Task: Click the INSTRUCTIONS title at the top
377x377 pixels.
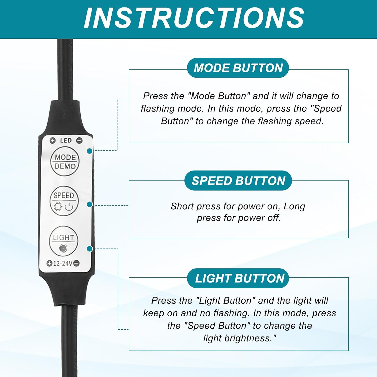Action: pyautogui.click(x=194, y=18)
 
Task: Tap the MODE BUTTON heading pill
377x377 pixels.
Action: pyautogui.click(x=238, y=68)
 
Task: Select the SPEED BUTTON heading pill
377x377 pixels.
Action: pyautogui.click(x=238, y=180)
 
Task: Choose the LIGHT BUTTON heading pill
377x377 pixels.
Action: pyautogui.click(x=238, y=278)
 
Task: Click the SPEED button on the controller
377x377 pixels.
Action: pyautogui.click(x=64, y=201)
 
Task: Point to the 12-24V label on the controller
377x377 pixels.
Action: pyautogui.click(x=63, y=263)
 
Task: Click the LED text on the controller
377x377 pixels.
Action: pyautogui.click(x=66, y=140)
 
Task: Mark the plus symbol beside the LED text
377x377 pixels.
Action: pyautogui.click(x=52, y=140)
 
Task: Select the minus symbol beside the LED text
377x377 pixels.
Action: pyautogui.click(x=79, y=140)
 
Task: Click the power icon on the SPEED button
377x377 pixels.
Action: pyautogui.click(x=69, y=207)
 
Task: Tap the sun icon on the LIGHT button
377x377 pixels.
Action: pyautogui.click(x=63, y=248)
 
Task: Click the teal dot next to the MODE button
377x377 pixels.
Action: pyautogui.click(x=89, y=151)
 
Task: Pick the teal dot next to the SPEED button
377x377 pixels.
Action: pyautogui.click(x=89, y=204)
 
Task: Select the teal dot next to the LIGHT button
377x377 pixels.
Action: pyautogui.click(x=89, y=249)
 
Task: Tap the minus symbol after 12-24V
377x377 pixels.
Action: pyautogui.click(x=77, y=263)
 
